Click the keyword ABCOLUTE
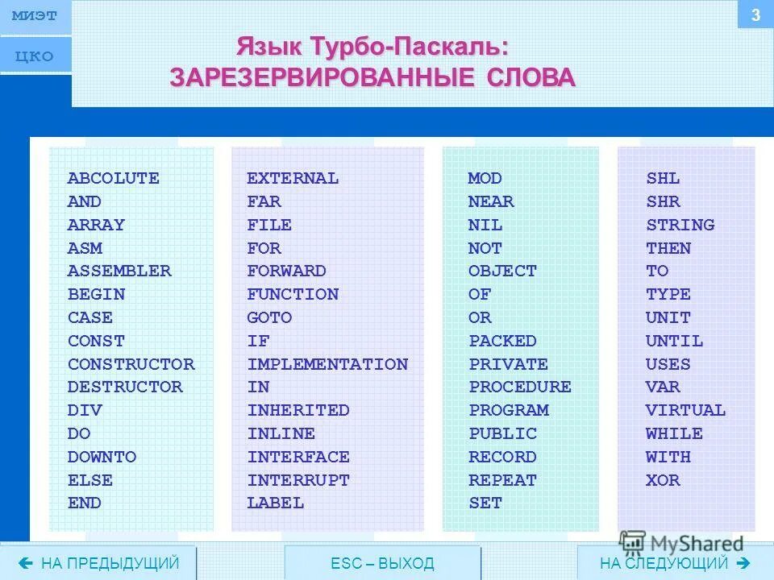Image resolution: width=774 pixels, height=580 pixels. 113,178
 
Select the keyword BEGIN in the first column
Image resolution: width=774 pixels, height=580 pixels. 96,294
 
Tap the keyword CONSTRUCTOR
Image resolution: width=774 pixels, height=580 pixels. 131,364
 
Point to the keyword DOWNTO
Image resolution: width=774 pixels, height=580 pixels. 102,457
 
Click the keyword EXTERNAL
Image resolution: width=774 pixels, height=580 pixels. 293,178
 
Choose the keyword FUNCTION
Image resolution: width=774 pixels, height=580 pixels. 293,294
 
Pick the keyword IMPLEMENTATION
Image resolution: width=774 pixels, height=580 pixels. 327,364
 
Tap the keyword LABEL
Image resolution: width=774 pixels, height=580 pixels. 276,503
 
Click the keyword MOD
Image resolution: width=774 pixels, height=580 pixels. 485,178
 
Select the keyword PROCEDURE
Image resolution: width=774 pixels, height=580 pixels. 520,387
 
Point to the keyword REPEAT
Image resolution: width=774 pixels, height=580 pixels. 502,480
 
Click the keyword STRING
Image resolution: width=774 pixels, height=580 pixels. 680,225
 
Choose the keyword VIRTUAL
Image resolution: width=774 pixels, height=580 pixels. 685,410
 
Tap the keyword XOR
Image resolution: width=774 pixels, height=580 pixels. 663,480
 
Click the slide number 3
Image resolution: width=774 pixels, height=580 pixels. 755,14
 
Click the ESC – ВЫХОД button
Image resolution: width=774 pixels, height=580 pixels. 382,563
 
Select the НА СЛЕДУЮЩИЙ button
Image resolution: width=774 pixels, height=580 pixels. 675,563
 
